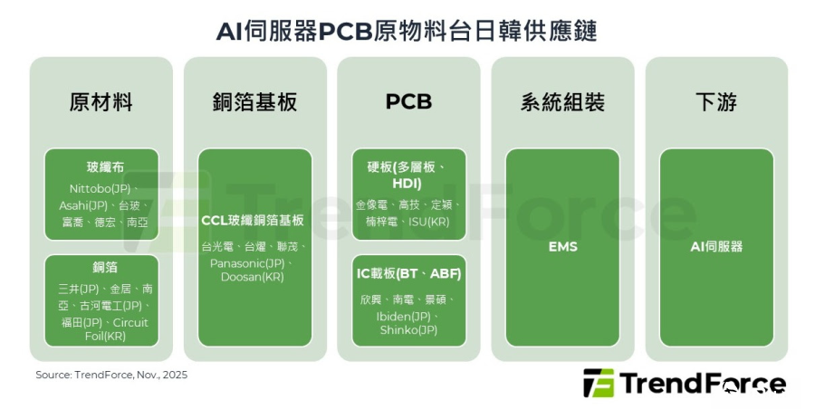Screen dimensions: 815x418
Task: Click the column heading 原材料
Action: coord(101,101)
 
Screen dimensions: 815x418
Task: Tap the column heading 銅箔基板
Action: coord(254,101)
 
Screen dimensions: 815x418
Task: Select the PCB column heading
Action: coord(408,101)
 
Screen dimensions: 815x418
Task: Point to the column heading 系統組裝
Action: coord(562,101)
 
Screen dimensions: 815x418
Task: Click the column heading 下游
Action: coord(716,101)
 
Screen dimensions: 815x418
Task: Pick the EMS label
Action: coord(563,247)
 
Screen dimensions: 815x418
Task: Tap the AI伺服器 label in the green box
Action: coord(717,247)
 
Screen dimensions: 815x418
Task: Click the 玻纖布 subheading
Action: coord(106,167)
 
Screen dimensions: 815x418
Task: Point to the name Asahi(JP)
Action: coord(83,205)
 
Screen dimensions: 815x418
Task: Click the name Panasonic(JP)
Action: coord(247,264)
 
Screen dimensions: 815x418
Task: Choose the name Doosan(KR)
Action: coord(253,277)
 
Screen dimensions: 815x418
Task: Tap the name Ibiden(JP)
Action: coord(403,317)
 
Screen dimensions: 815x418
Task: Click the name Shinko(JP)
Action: coord(408,330)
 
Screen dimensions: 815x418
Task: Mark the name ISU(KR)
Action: coord(429,222)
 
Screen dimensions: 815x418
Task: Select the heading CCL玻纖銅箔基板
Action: coord(253,221)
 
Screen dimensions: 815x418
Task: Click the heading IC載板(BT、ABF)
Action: coord(409,273)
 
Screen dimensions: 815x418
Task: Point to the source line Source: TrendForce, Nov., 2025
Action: coord(111,375)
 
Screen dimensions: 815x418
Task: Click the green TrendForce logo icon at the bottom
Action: coord(599,384)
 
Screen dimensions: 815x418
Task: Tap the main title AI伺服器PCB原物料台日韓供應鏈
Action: coord(407,31)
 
